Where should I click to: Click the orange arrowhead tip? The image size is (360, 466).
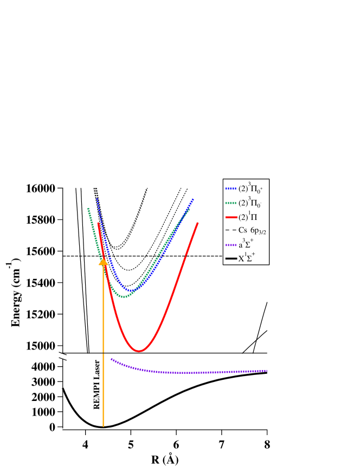tap(103, 258)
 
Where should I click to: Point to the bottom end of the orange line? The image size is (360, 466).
tap(103, 426)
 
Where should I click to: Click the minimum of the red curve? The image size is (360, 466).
tap(139, 351)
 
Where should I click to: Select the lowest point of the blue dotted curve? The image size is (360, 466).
tap(129, 291)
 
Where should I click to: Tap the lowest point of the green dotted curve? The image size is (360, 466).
tap(124, 296)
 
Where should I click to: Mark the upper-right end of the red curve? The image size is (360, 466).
tap(198, 223)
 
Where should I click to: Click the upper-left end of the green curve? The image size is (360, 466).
tap(88, 209)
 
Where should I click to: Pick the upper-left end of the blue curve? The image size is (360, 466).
tap(97, 199)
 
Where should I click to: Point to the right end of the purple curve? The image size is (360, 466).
tap(267, 371)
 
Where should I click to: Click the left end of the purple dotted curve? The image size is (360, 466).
tap(111, 359)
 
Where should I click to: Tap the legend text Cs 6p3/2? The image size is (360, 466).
tap(252, 231)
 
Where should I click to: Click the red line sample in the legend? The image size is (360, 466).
tap(231, 217)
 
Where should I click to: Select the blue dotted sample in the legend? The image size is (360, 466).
tap(231, 189)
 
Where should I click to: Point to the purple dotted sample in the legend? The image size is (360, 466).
tap(231, 245)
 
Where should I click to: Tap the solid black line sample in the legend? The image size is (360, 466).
tap(231, 259)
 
